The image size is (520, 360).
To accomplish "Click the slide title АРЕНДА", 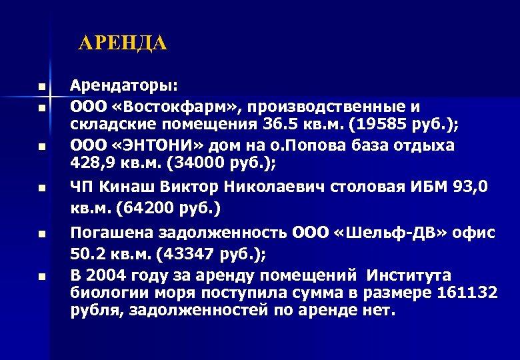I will [123, 44].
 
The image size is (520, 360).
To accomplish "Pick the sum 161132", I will [466, 293].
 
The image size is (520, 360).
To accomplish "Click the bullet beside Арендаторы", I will [41, 87].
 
